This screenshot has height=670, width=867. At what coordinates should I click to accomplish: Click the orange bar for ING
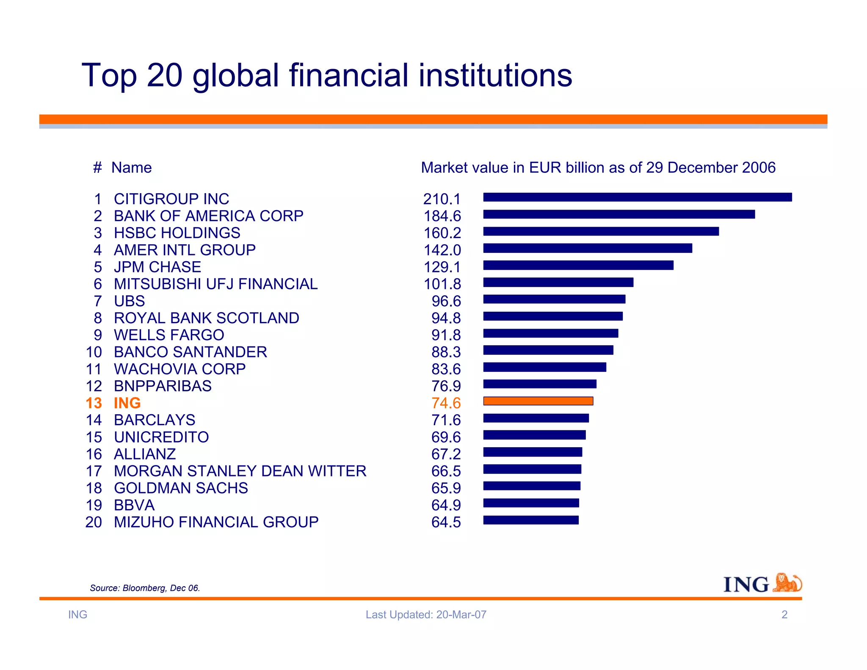point(538,401)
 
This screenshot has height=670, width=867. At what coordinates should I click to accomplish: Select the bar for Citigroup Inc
point(637,197)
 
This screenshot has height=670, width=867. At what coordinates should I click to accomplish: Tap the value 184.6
point(442,216)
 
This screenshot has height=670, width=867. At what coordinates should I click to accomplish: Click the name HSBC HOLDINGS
point(177,233)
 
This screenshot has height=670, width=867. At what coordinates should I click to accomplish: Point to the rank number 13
point(94,403)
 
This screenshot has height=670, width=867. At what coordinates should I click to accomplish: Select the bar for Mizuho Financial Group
point(531,520)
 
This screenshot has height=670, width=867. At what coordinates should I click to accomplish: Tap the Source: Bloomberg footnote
point(145,588)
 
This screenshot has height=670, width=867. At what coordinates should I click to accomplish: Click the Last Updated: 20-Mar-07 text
point(426,615)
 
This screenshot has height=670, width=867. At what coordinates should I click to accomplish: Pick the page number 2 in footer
point(784,615)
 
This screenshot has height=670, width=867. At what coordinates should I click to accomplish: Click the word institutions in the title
point(495,75)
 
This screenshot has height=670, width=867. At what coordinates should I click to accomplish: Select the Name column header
point(131,168)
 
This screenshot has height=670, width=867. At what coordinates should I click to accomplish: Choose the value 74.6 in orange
point(446,403)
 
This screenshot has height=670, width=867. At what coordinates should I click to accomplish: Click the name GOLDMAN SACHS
point(181,488)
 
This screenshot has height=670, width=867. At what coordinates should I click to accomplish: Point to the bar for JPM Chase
point(578,266)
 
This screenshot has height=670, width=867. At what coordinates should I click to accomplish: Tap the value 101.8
point(442,284)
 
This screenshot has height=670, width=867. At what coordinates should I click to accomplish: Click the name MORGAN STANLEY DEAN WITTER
point(240,471)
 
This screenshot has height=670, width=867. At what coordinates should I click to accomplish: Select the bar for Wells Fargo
point(550,333)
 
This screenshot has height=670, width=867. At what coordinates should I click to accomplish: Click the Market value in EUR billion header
point(598,168)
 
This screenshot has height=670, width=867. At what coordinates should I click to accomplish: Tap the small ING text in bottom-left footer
point(77,615)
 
